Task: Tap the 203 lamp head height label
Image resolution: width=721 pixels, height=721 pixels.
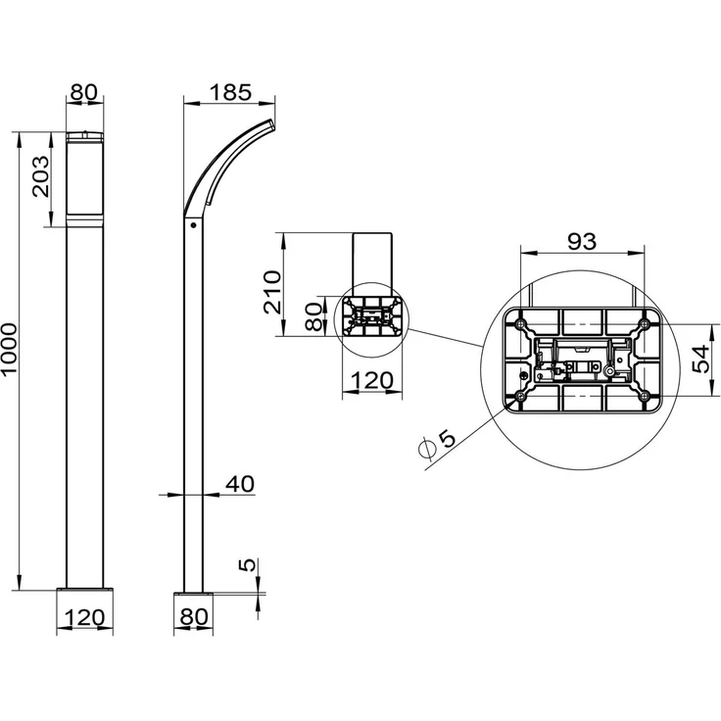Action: click(40, 176)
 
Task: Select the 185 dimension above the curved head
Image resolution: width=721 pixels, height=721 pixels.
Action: click(230, 92)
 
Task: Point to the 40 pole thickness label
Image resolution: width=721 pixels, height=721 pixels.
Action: click(240, 484)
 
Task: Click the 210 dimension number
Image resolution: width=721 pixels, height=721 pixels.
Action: click(272, 293)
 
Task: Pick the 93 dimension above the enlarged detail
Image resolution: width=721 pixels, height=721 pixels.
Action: click(582, 241)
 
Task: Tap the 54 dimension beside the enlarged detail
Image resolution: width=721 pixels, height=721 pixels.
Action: click(701, 360)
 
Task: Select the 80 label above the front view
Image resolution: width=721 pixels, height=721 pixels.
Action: click(84, 92)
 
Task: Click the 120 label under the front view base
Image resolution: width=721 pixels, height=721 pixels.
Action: click(84, 617)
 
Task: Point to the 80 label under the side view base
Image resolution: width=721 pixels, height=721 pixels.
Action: click(194, 617)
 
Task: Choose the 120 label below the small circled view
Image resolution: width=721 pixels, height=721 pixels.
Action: click(372, 380)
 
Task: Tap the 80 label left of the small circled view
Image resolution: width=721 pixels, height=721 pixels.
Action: click(314, 316)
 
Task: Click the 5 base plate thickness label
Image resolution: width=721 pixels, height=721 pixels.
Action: click(248, 564)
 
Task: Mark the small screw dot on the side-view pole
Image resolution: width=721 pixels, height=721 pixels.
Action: click(193, 225)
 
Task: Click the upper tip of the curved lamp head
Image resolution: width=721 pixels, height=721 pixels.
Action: click(270, 120)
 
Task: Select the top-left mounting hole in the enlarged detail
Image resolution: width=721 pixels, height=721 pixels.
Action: click(520, 324)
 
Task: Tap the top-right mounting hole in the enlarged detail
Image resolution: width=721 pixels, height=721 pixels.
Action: click(645, 324)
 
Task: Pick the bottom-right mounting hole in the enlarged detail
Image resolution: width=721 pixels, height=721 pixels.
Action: click(645, 395)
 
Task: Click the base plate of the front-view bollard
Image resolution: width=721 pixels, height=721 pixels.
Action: click(84, 589)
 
